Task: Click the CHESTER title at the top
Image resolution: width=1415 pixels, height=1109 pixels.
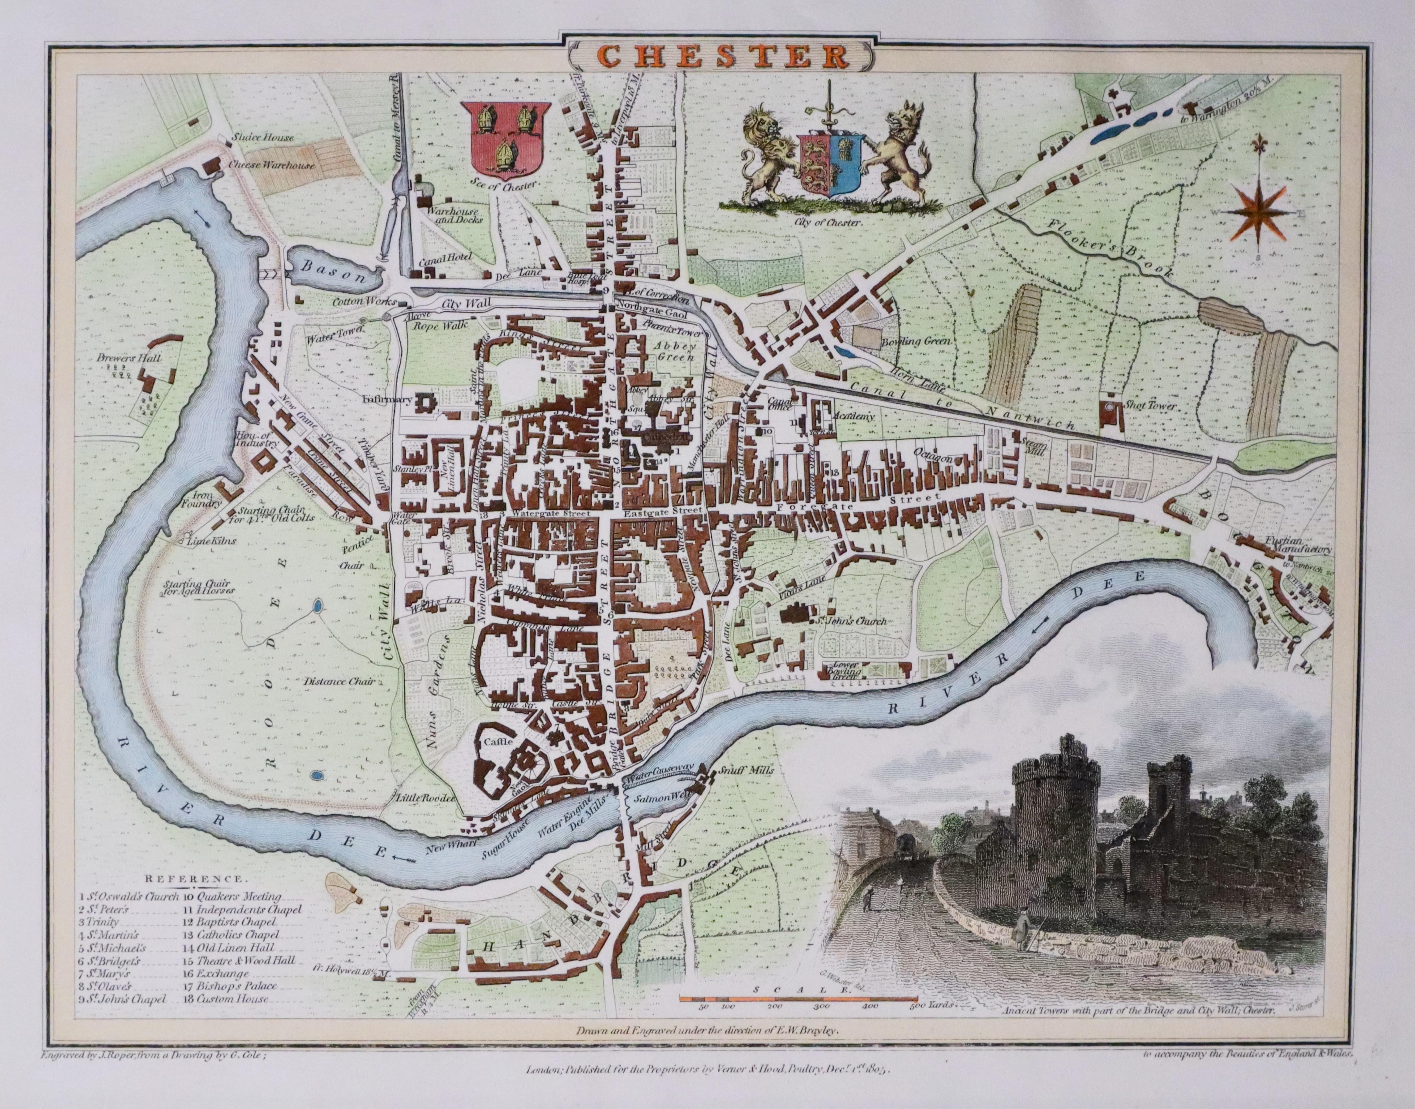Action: pyautogui.click(x=708, y=57)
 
